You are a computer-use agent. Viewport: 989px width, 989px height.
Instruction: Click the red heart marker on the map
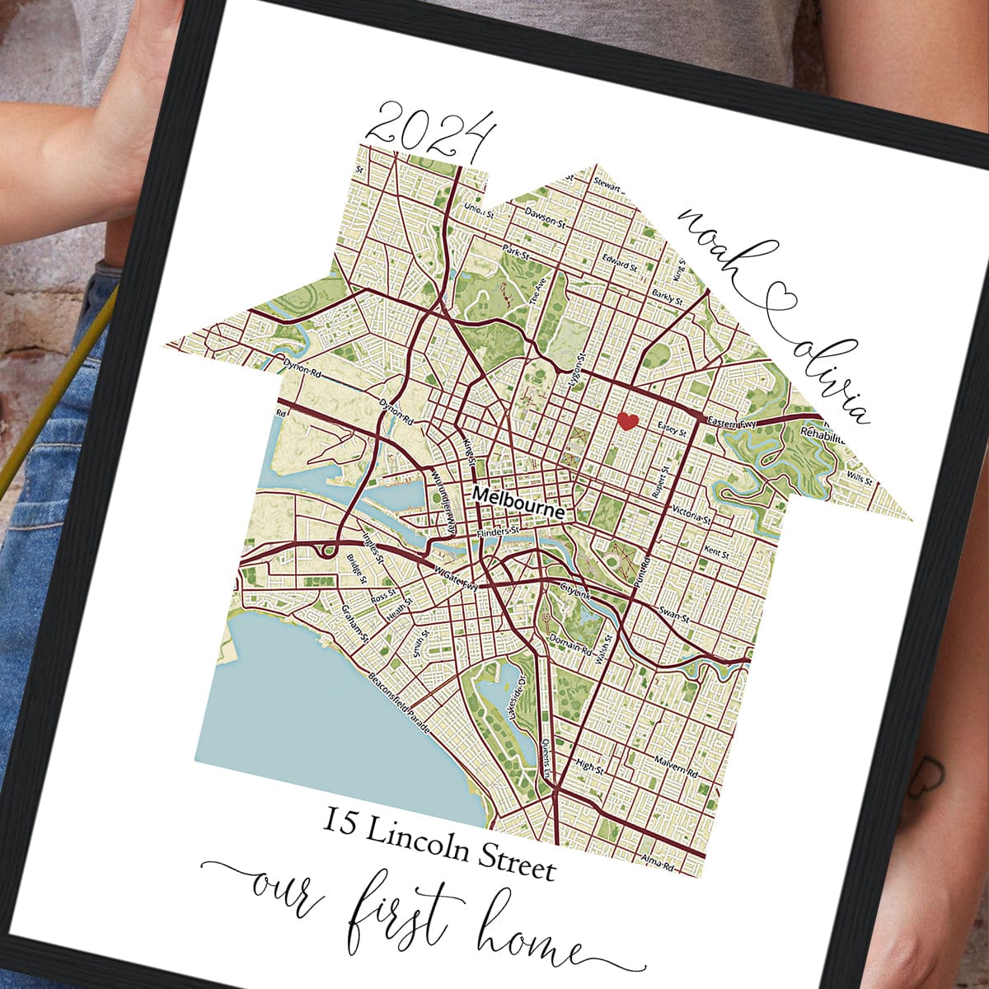coord(628,422)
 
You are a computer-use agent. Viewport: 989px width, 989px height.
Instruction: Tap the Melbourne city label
coord(518,503)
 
